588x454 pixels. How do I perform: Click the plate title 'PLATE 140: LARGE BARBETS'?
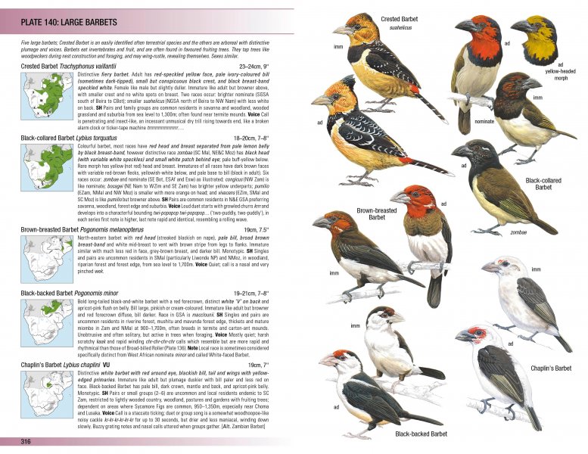point(64,23)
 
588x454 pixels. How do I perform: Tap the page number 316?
point(26,441)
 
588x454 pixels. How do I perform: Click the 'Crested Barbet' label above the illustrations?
point(401,19)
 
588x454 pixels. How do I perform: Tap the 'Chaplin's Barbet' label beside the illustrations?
point(550,368)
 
